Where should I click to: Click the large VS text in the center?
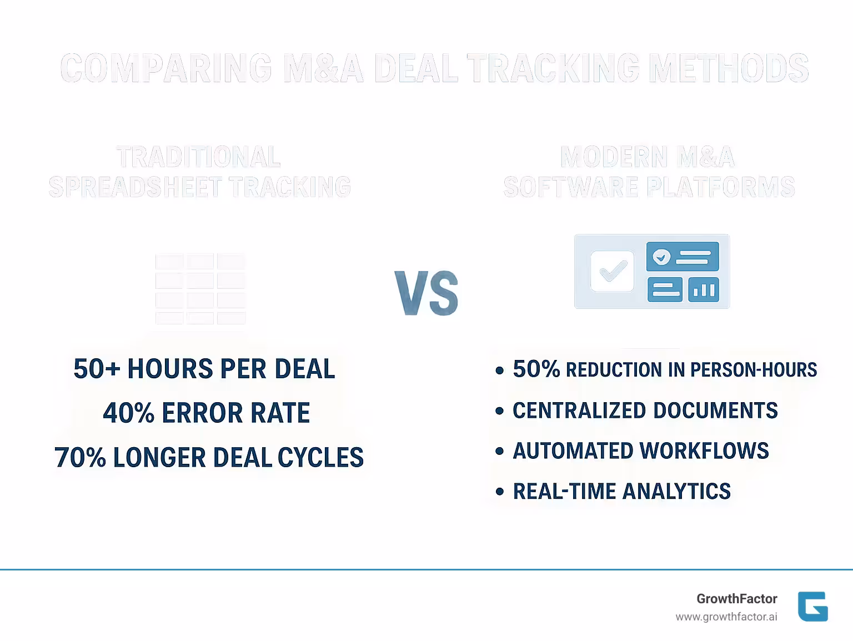pos(426,293)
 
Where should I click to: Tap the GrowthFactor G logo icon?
pos(812,606)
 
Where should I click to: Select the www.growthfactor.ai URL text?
pos(726,617)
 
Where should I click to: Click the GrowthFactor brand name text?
pos(736,598)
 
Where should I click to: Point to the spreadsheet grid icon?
pos(200,289)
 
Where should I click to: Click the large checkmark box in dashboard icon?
pos(612,271)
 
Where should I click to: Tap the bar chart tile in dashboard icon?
pos(704,289)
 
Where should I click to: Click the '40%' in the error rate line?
pos(128,413)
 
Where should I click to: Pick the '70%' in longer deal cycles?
pos(80,457)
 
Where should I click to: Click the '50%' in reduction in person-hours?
pos(536,369)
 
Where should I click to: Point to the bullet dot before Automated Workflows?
pos(500,451)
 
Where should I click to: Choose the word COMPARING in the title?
pos(166,68)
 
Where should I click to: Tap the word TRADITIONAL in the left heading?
pos(198,157)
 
